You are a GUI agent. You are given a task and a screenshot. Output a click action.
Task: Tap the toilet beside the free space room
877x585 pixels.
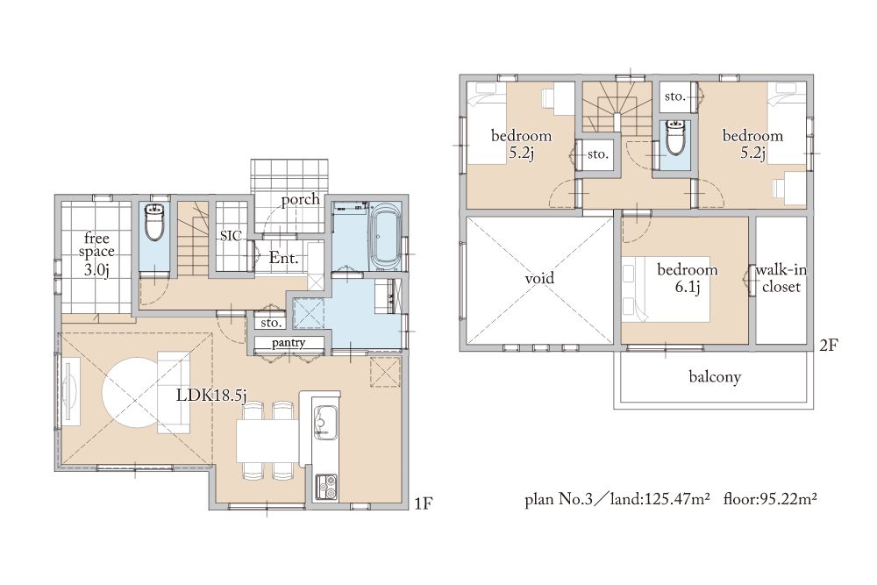153,222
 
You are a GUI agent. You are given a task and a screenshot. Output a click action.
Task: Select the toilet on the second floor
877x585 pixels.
676,137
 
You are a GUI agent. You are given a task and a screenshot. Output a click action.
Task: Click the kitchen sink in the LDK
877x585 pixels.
324,419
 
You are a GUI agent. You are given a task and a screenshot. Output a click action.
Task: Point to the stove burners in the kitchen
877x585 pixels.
326,487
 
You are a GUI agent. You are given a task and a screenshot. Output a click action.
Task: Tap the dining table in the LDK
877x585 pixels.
267,440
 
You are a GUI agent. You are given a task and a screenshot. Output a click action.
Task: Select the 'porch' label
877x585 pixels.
300,200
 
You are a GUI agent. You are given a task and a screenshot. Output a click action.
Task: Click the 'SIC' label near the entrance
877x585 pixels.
231,235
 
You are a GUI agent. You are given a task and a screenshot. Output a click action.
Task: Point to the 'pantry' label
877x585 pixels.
289,343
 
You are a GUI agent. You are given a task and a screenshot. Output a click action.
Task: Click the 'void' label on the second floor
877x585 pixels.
539,278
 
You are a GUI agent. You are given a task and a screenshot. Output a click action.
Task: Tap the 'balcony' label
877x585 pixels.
715,376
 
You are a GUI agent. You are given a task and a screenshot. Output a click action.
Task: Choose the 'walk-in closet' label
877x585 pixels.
781,279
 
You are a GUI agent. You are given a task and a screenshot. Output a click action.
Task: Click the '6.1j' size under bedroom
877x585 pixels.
688,288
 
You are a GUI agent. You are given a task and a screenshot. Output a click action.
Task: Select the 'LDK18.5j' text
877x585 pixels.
211,396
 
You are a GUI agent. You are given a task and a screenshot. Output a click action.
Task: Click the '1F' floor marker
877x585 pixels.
424,504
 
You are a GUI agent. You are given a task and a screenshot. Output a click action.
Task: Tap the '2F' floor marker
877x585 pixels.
829,346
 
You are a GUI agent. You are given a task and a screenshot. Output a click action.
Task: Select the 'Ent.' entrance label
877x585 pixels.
283,259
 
